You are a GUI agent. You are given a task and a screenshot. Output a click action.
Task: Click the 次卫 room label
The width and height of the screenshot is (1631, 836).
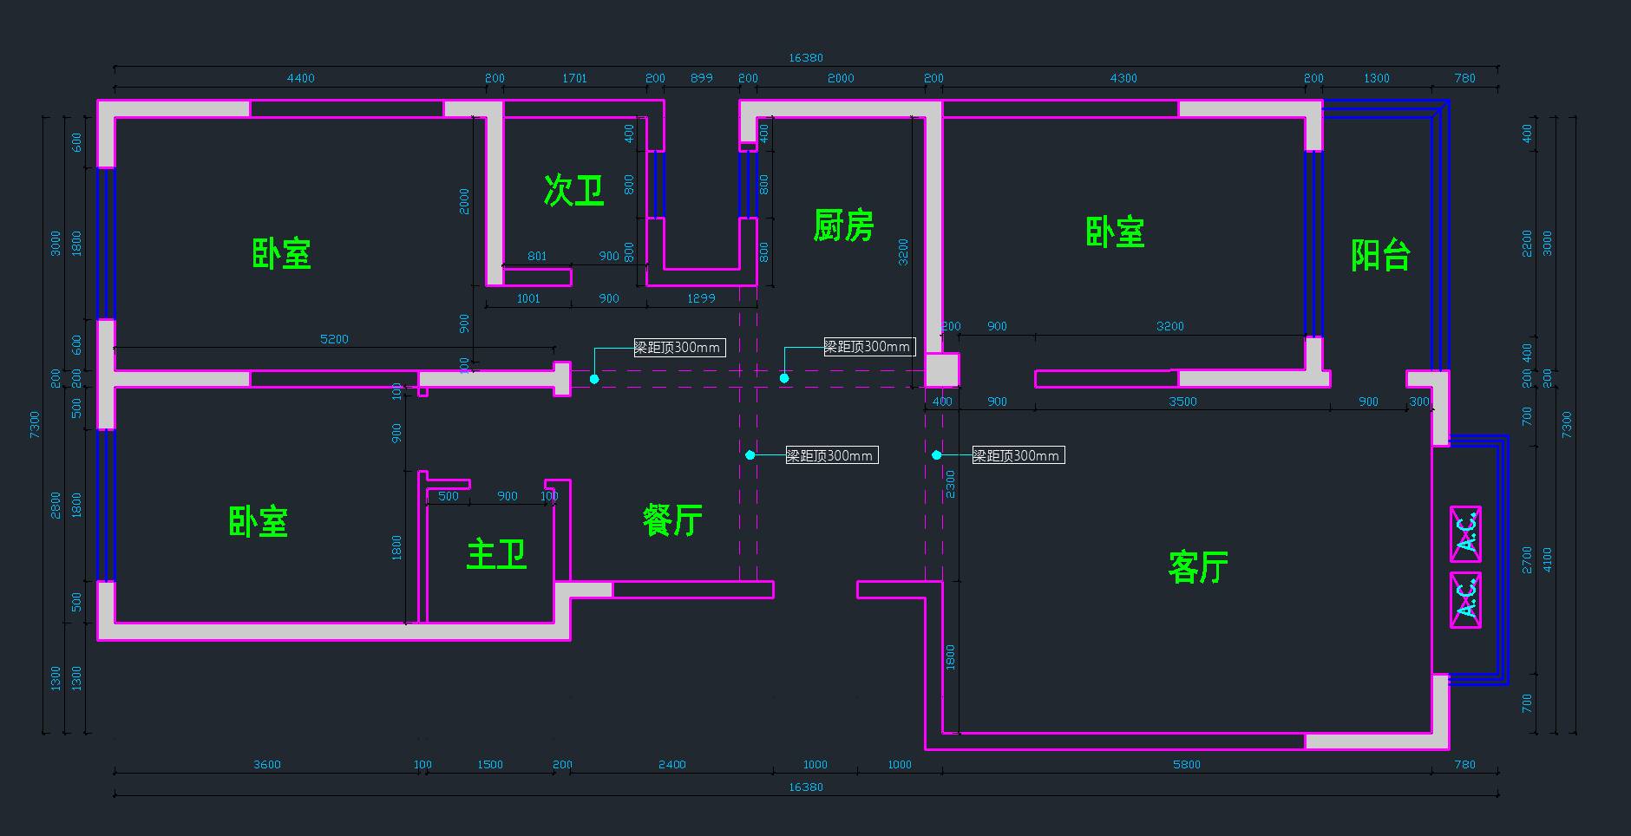point(573,190)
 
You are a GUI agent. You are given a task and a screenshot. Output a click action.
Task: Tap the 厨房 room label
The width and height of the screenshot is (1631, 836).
point(843,225)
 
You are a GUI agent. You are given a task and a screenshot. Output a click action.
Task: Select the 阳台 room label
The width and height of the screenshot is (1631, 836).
point(1380,255)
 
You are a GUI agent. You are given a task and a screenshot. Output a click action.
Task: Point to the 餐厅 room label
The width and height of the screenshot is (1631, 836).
point(672,520)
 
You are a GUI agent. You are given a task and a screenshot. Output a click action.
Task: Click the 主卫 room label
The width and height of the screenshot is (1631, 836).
point(496,553)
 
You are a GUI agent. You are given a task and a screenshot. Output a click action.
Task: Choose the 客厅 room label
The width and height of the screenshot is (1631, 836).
point(1198,567)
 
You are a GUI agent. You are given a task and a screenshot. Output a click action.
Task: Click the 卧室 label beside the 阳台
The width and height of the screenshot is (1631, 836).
point(1115,232)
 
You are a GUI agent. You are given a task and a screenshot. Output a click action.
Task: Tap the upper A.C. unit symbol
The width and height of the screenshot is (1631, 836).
point(1465,534)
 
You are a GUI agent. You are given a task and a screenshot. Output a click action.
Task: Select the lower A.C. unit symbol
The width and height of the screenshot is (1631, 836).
point(1465,599)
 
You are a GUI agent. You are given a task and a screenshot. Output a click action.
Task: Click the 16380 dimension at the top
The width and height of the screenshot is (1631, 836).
point(805,58)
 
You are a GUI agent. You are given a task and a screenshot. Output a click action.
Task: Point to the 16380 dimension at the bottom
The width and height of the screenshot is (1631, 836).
point(805,787)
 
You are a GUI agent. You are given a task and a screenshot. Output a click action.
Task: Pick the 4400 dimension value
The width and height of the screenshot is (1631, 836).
point(300,78)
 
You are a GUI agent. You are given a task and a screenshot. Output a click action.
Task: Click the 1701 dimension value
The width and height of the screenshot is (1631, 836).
point(574,78)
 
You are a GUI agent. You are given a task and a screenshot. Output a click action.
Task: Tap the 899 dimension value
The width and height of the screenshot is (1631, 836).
point(701,78)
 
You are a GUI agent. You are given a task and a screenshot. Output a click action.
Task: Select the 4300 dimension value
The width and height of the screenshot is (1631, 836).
point(1123,78)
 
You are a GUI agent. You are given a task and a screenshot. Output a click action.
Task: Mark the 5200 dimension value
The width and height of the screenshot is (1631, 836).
point(334,339)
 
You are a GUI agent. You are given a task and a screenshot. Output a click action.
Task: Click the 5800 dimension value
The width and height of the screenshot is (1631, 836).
point(1186,765)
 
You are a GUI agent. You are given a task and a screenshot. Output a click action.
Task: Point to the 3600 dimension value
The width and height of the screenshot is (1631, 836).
point(266,765)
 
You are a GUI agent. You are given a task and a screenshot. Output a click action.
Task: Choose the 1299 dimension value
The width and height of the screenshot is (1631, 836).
point(701,298)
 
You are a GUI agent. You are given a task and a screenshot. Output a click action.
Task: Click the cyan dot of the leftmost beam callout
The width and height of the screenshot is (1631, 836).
point(594,379)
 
